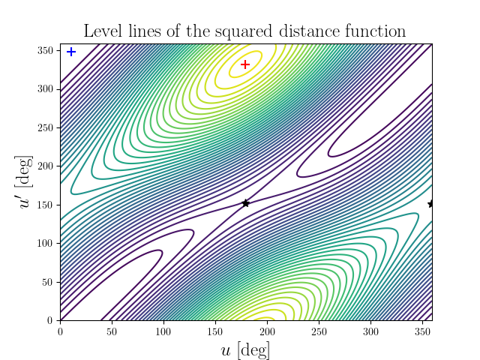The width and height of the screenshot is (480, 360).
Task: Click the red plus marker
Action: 245,64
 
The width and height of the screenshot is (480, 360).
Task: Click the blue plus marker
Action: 71,52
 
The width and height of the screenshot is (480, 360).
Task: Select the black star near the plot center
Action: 245,203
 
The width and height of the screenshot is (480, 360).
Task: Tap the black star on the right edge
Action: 431,203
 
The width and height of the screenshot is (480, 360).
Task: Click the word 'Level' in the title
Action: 103,31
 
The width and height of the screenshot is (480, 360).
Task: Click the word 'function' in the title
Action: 379,31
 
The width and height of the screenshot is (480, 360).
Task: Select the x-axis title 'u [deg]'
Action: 245,350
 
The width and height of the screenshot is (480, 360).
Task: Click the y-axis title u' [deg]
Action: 26,182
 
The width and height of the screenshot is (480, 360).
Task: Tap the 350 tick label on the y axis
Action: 46,50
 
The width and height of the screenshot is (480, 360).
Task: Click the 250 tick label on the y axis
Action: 46,127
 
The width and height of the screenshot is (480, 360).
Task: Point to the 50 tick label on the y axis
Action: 49,282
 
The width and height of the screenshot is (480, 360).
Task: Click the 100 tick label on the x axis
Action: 163,331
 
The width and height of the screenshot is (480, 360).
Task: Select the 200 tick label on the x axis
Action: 267,331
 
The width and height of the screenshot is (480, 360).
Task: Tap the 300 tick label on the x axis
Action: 370,331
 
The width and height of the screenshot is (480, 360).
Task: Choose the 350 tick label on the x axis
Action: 422,331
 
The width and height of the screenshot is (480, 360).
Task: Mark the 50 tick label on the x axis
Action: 112,331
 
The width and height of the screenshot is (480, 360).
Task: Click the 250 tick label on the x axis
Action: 319,331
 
